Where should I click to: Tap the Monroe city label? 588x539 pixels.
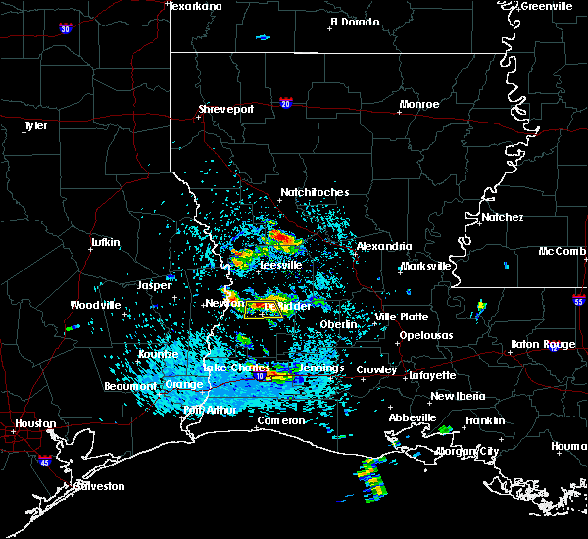pyautogui.click(x=419, y=104)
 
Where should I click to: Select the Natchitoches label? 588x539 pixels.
pyautogui.click(x=315, y=192)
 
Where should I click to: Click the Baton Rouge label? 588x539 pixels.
pyautogui.click(x=544, y=344)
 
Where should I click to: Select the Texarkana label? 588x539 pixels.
pyautogui.click(x=196, y=6)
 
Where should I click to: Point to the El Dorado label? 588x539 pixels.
pyautogui.click(x=354, y=22)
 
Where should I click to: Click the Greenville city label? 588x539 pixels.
pyautogui.click(x=547, y=6)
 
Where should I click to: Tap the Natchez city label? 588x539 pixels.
pyautogui.click(x=502, y=217)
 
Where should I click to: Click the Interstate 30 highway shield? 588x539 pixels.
pyautogui.click(x=65, y=30)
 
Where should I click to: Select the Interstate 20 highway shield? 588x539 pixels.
pyautogui.click(x=286, y=103)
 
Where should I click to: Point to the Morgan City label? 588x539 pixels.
pyautogui.click(x=462, y=451)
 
